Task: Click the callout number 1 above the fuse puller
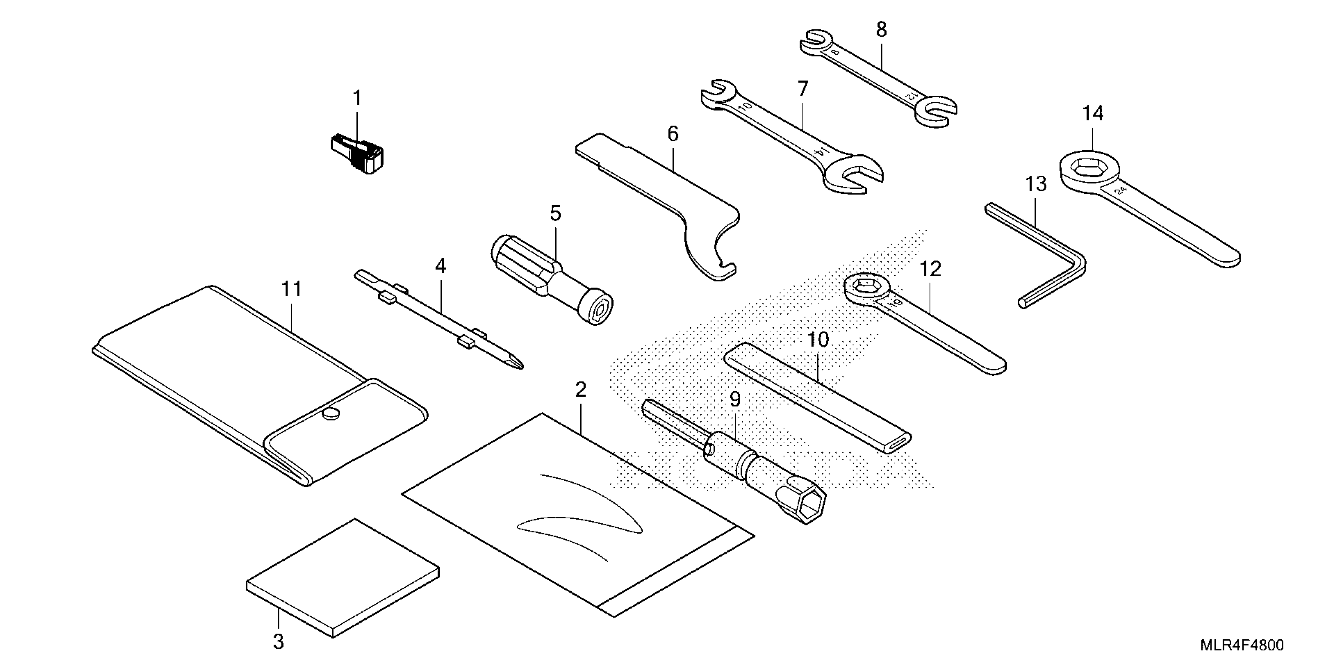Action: [x=357, y=97]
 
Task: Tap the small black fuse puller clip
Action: [x=357, y=154]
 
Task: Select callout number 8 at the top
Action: [x=881, y=29]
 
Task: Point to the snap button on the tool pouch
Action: [x=330, y=413]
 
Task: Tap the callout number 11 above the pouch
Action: [x=292, y=288]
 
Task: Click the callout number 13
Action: [x=1036, y=183]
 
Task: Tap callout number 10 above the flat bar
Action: [x=818, y=340]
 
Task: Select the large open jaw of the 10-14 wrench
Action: [x=855, y=175]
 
